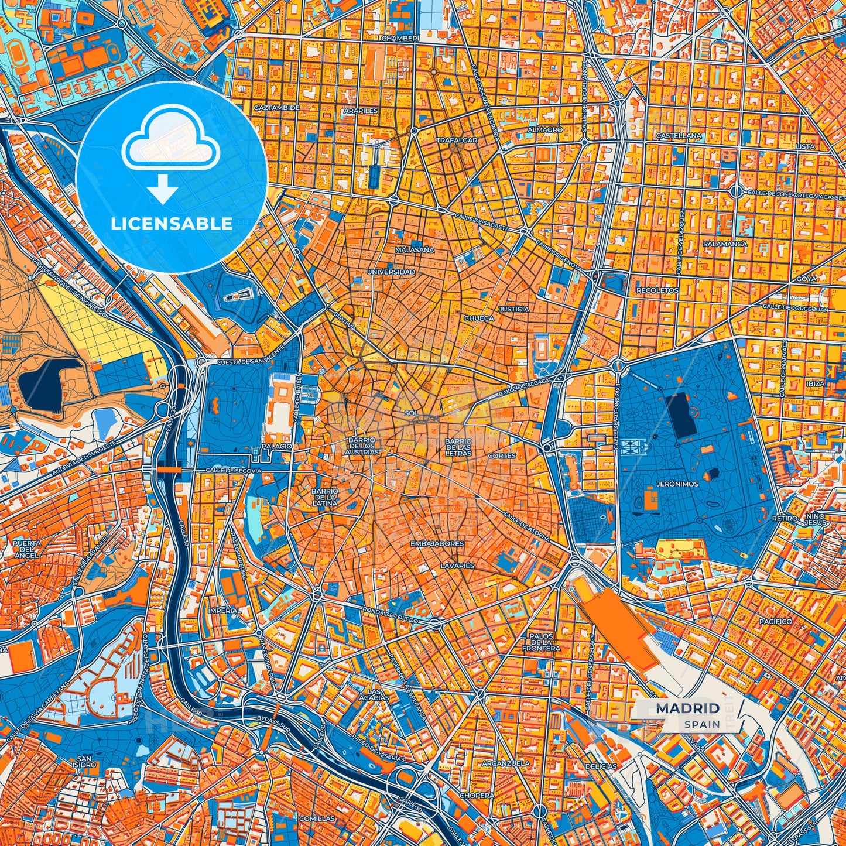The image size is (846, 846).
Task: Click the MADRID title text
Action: (687, 708)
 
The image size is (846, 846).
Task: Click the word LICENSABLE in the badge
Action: (172, 224)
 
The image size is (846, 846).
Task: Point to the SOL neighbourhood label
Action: (412, 413)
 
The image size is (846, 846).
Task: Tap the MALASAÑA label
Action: (415, 249)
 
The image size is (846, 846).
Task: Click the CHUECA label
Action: (478, 318)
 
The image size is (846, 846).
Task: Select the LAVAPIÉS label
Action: (457, 566)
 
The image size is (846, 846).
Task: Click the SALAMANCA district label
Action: (724, 244)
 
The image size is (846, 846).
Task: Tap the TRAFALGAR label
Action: (456, 141)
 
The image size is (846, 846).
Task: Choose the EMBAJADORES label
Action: (437, 544)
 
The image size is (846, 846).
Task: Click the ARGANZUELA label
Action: (505, 763)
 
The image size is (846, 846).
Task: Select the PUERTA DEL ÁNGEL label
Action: (26, 549)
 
